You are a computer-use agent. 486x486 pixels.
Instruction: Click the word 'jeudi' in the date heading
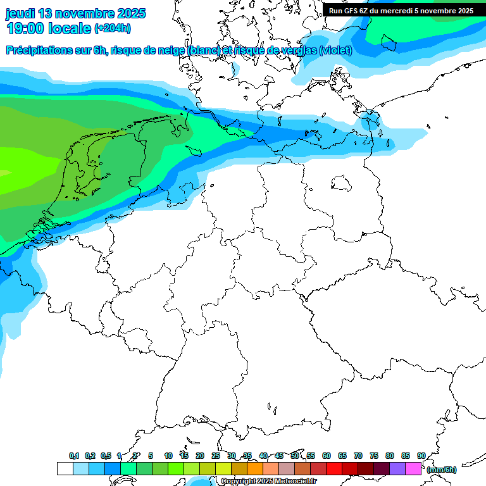click(21, 13)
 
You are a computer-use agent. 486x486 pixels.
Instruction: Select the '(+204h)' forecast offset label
click(112, 28)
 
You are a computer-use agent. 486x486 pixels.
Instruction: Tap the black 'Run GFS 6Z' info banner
click(401, 10)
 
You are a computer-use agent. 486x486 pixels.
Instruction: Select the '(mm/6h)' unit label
click(441, 470)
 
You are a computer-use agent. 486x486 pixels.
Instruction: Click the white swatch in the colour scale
click(65, 469)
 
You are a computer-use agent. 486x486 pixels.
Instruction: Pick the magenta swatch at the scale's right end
click(413, 469)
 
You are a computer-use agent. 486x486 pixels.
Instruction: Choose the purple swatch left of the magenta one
click(397, 469)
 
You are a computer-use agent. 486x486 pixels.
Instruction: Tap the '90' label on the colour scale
click(421, 456)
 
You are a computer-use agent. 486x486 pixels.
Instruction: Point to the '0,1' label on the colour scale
click(74, 456)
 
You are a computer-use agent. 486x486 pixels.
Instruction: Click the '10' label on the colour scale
click(168, 456)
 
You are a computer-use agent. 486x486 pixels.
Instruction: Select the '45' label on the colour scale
click(279, 456)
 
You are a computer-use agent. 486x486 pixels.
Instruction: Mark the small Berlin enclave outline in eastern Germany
click(342, 183)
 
